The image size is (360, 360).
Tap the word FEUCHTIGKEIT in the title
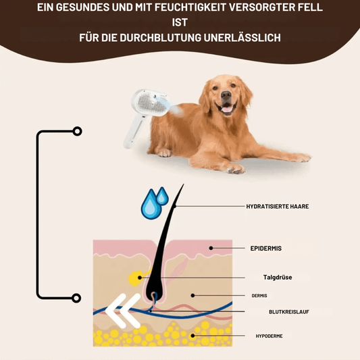coord(190,7)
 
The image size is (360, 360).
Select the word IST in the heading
coord(180,22)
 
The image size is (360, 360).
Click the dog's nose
coord(226,95)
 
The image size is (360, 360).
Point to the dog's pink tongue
coord(227,109)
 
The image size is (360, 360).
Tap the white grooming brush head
coord(151,102)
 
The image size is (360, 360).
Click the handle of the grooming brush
coord(134,131)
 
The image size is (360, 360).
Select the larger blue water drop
coord(150,204)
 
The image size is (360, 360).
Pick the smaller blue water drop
coord(162,196)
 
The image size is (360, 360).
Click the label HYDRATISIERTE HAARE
coord(278,207)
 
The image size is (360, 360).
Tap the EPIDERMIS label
coord(266,248)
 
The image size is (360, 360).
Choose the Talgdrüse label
coord(278,278)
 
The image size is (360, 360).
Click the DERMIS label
coord(259,296)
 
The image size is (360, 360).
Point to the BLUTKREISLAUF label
coord(289,312)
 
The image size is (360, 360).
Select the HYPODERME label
coord(269,336)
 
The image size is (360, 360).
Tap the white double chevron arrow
coord(123,311)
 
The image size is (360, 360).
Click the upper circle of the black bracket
coord(78,131)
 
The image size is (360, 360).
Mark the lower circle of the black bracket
coord(76,298)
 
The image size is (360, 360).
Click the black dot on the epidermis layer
coord(211,248)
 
